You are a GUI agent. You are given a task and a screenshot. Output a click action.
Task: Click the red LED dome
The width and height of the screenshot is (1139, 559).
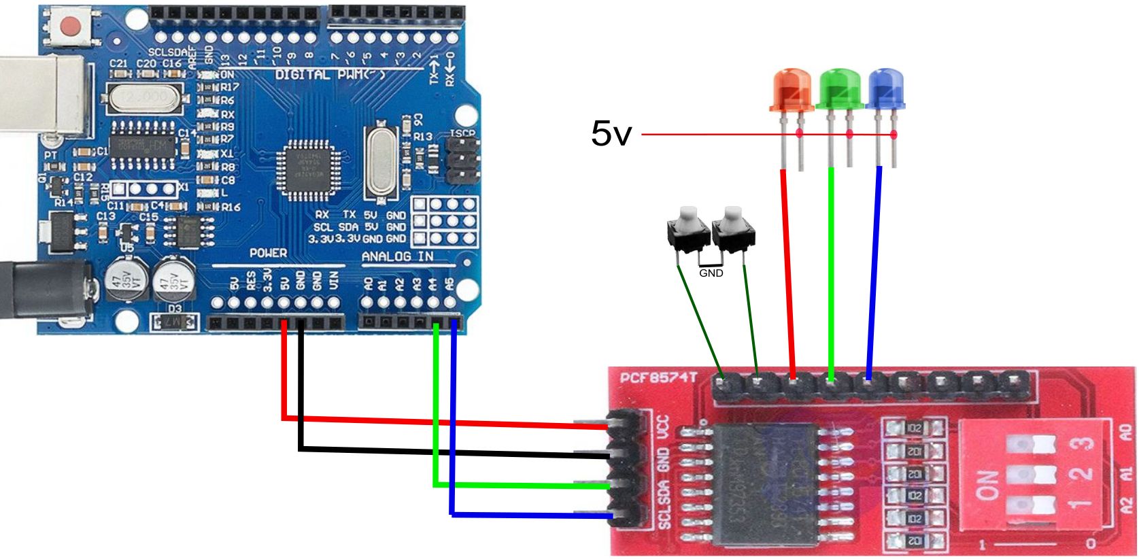[x=792, y=87]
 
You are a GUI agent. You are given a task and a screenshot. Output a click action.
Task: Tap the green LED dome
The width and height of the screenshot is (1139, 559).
[x=841, y=87]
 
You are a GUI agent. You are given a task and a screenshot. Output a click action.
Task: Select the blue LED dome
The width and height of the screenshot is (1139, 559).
[x=885, y=87]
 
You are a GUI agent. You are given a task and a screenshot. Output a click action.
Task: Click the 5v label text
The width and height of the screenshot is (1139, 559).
[x=611, y=133]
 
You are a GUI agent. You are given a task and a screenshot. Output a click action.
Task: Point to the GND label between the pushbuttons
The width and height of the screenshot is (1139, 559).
[x=711, y=273]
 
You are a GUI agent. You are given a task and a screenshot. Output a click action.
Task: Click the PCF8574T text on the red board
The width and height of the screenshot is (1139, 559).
[x=658, y=377]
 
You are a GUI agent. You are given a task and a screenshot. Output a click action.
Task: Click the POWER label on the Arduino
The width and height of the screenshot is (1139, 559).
[x=268, y=253]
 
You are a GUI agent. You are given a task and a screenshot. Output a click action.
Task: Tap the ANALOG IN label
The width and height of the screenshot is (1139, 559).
[x=397, y=256]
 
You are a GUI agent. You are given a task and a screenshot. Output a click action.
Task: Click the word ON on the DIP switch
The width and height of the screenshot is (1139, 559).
[x=988, y=484]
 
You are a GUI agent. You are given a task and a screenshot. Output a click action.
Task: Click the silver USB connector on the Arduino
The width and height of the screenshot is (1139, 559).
[x=41, y=95]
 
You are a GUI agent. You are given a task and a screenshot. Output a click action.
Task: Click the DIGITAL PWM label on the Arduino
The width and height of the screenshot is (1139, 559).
[x=329, y=74]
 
